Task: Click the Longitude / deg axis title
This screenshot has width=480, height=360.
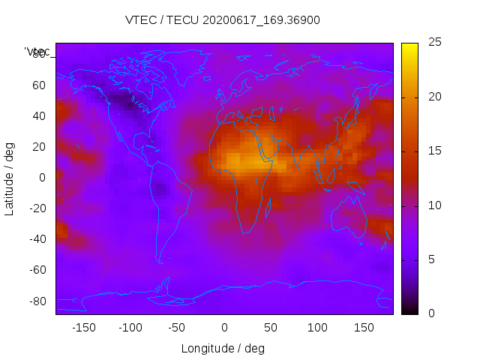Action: click(223, 349)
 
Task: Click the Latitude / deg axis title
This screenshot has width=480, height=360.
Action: click(10, 178)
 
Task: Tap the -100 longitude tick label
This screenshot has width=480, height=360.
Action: click(130, 328)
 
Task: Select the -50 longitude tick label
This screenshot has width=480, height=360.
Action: click(178, 328)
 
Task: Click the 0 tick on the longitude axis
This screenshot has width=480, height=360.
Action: click(224, 328)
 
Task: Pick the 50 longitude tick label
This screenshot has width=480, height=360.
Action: click(271, 328)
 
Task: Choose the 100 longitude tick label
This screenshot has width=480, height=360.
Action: click(317, 328)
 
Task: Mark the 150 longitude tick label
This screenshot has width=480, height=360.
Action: click(364, 328)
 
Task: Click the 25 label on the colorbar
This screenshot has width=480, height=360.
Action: click(434, 43)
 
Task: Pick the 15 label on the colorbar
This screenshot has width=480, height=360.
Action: click(434, 151)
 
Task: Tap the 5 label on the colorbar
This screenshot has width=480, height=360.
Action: click(431, 259)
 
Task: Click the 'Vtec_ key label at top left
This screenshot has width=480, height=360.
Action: click(37, 52)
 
